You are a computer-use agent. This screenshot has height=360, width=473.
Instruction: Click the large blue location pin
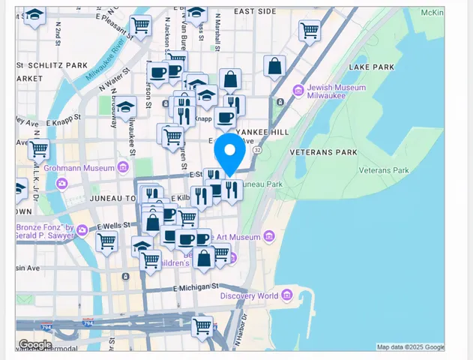(229, 153)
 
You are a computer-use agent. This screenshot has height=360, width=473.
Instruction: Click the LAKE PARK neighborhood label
(371, 67)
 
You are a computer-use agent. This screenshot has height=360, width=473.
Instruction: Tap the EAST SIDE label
(255, 12)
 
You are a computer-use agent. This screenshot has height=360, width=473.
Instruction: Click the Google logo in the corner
(35, 344)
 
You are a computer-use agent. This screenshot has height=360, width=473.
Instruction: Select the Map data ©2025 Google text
(409, 347)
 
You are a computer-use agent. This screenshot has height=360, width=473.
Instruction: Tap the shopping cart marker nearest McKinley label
(309, 30)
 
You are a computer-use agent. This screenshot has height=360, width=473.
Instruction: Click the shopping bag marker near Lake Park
(275, 67)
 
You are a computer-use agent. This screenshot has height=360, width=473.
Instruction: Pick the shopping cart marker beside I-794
(201, 326)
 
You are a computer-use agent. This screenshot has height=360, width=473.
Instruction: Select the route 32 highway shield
(257, 150)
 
